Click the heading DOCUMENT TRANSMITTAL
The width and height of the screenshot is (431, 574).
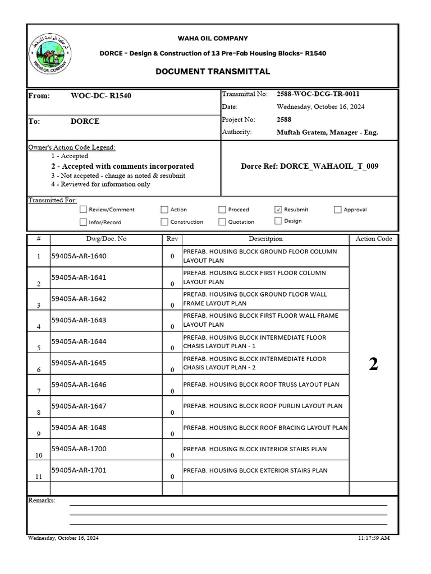coord(213,71)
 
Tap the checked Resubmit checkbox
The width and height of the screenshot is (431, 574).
coord(278,210)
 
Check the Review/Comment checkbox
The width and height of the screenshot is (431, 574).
coord(84,210)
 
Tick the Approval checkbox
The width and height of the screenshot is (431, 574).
coord(337,210)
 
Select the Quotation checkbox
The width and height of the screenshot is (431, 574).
coord(222,222)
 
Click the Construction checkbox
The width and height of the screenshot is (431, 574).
coord(164,222)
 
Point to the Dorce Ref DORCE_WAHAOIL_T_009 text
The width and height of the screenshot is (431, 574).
coord(309,166)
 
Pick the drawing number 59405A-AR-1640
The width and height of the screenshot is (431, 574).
coord(79,256)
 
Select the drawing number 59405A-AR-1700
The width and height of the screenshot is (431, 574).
coord(79,449)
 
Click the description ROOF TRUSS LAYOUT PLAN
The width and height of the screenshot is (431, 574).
coord(262,385)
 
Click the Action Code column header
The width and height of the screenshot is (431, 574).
coord(373,239)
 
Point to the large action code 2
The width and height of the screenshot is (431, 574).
coord(373,364)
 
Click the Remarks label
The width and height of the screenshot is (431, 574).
coord(42,500)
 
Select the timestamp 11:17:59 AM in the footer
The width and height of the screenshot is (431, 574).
coord(374,538)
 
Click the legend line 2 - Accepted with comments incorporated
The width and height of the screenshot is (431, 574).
coord(122,166)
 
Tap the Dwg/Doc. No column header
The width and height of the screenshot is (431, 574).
coord(106,239)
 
